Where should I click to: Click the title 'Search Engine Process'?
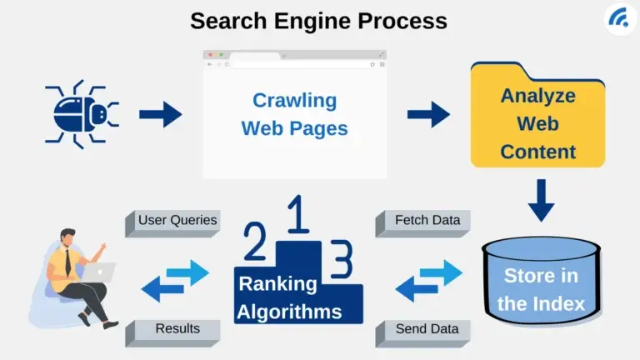pos(318,20)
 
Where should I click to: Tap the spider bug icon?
pos(82,114)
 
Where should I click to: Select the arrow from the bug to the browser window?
pos(160,114)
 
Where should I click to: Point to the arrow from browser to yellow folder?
pos(428,114)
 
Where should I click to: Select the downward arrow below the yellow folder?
pos(541,200)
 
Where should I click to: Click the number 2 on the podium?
pos(254,246)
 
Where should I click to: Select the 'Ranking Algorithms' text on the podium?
pos(289,298)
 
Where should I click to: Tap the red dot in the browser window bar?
pos(209,54)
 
